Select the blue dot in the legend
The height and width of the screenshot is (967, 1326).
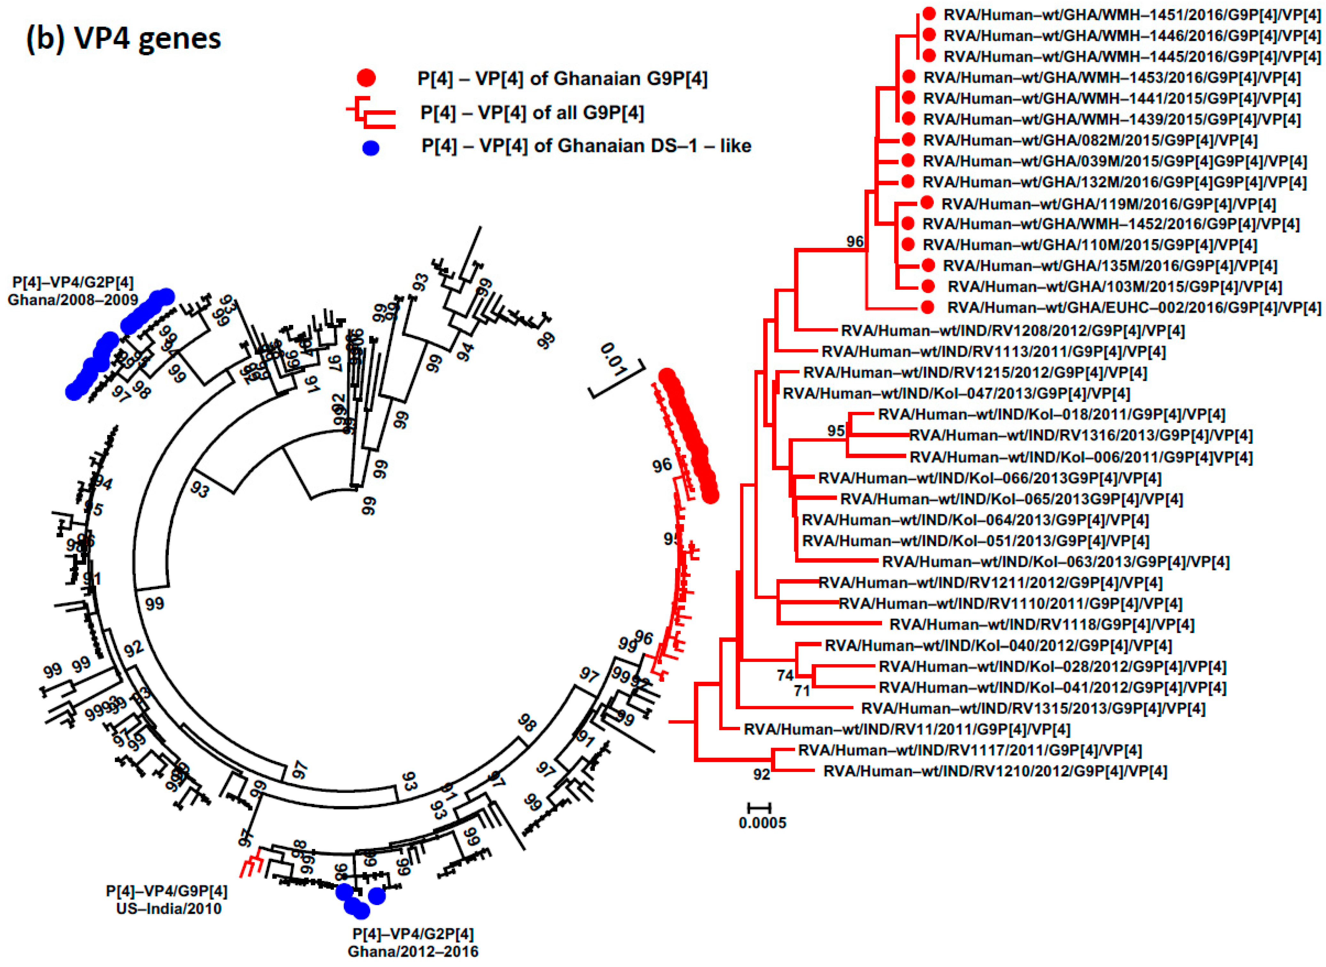coord(371,148)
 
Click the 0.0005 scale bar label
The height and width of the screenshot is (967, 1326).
coord(762,823)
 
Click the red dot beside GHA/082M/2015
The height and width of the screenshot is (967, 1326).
coord(908,139)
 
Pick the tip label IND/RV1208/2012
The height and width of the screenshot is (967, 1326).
coord(1013,331)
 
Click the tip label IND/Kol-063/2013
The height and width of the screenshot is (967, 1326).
coord(1055,562)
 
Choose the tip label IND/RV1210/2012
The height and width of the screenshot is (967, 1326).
coord(995,772)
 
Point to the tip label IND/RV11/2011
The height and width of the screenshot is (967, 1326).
coord(907,729)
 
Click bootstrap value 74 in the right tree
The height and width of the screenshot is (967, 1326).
coord(785,675)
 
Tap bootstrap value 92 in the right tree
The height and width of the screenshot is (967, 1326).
coord(761,774)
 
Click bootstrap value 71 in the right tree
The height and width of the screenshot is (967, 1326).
coord(801,691)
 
